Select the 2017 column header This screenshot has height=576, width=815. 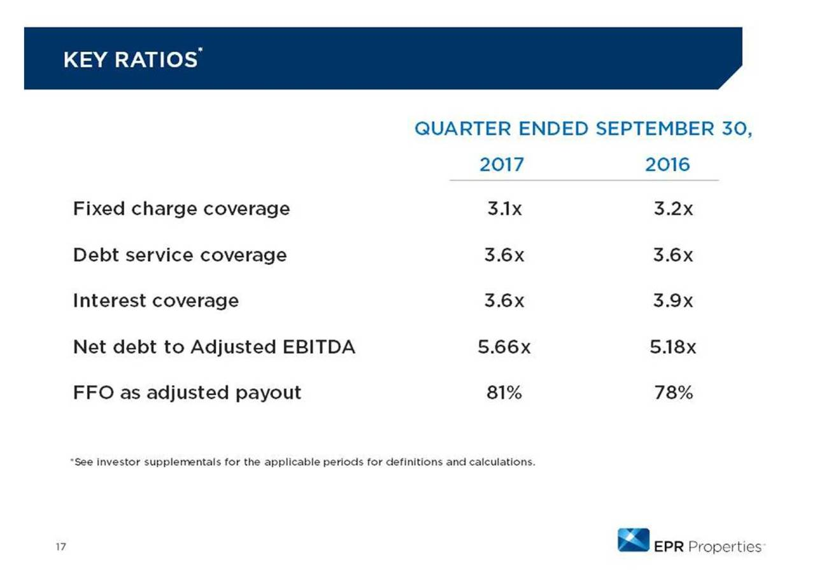501,165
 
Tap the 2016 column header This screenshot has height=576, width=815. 667,165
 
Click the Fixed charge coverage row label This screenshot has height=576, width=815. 181,209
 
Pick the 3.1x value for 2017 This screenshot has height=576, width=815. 503,209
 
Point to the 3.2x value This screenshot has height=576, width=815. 673,209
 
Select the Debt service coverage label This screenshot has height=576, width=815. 180,255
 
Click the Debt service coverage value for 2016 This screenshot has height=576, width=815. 673,255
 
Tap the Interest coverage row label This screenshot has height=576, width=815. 156,300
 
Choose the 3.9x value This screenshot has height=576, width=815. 673,300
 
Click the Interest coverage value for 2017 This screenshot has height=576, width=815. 504,300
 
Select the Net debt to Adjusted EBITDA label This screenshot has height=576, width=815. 214,347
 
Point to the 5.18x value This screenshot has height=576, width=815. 673,347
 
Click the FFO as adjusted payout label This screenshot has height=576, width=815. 187,393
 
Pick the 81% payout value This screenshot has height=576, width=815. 503,393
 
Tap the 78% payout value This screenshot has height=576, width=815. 673,393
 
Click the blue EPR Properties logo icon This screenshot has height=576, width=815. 633,540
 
